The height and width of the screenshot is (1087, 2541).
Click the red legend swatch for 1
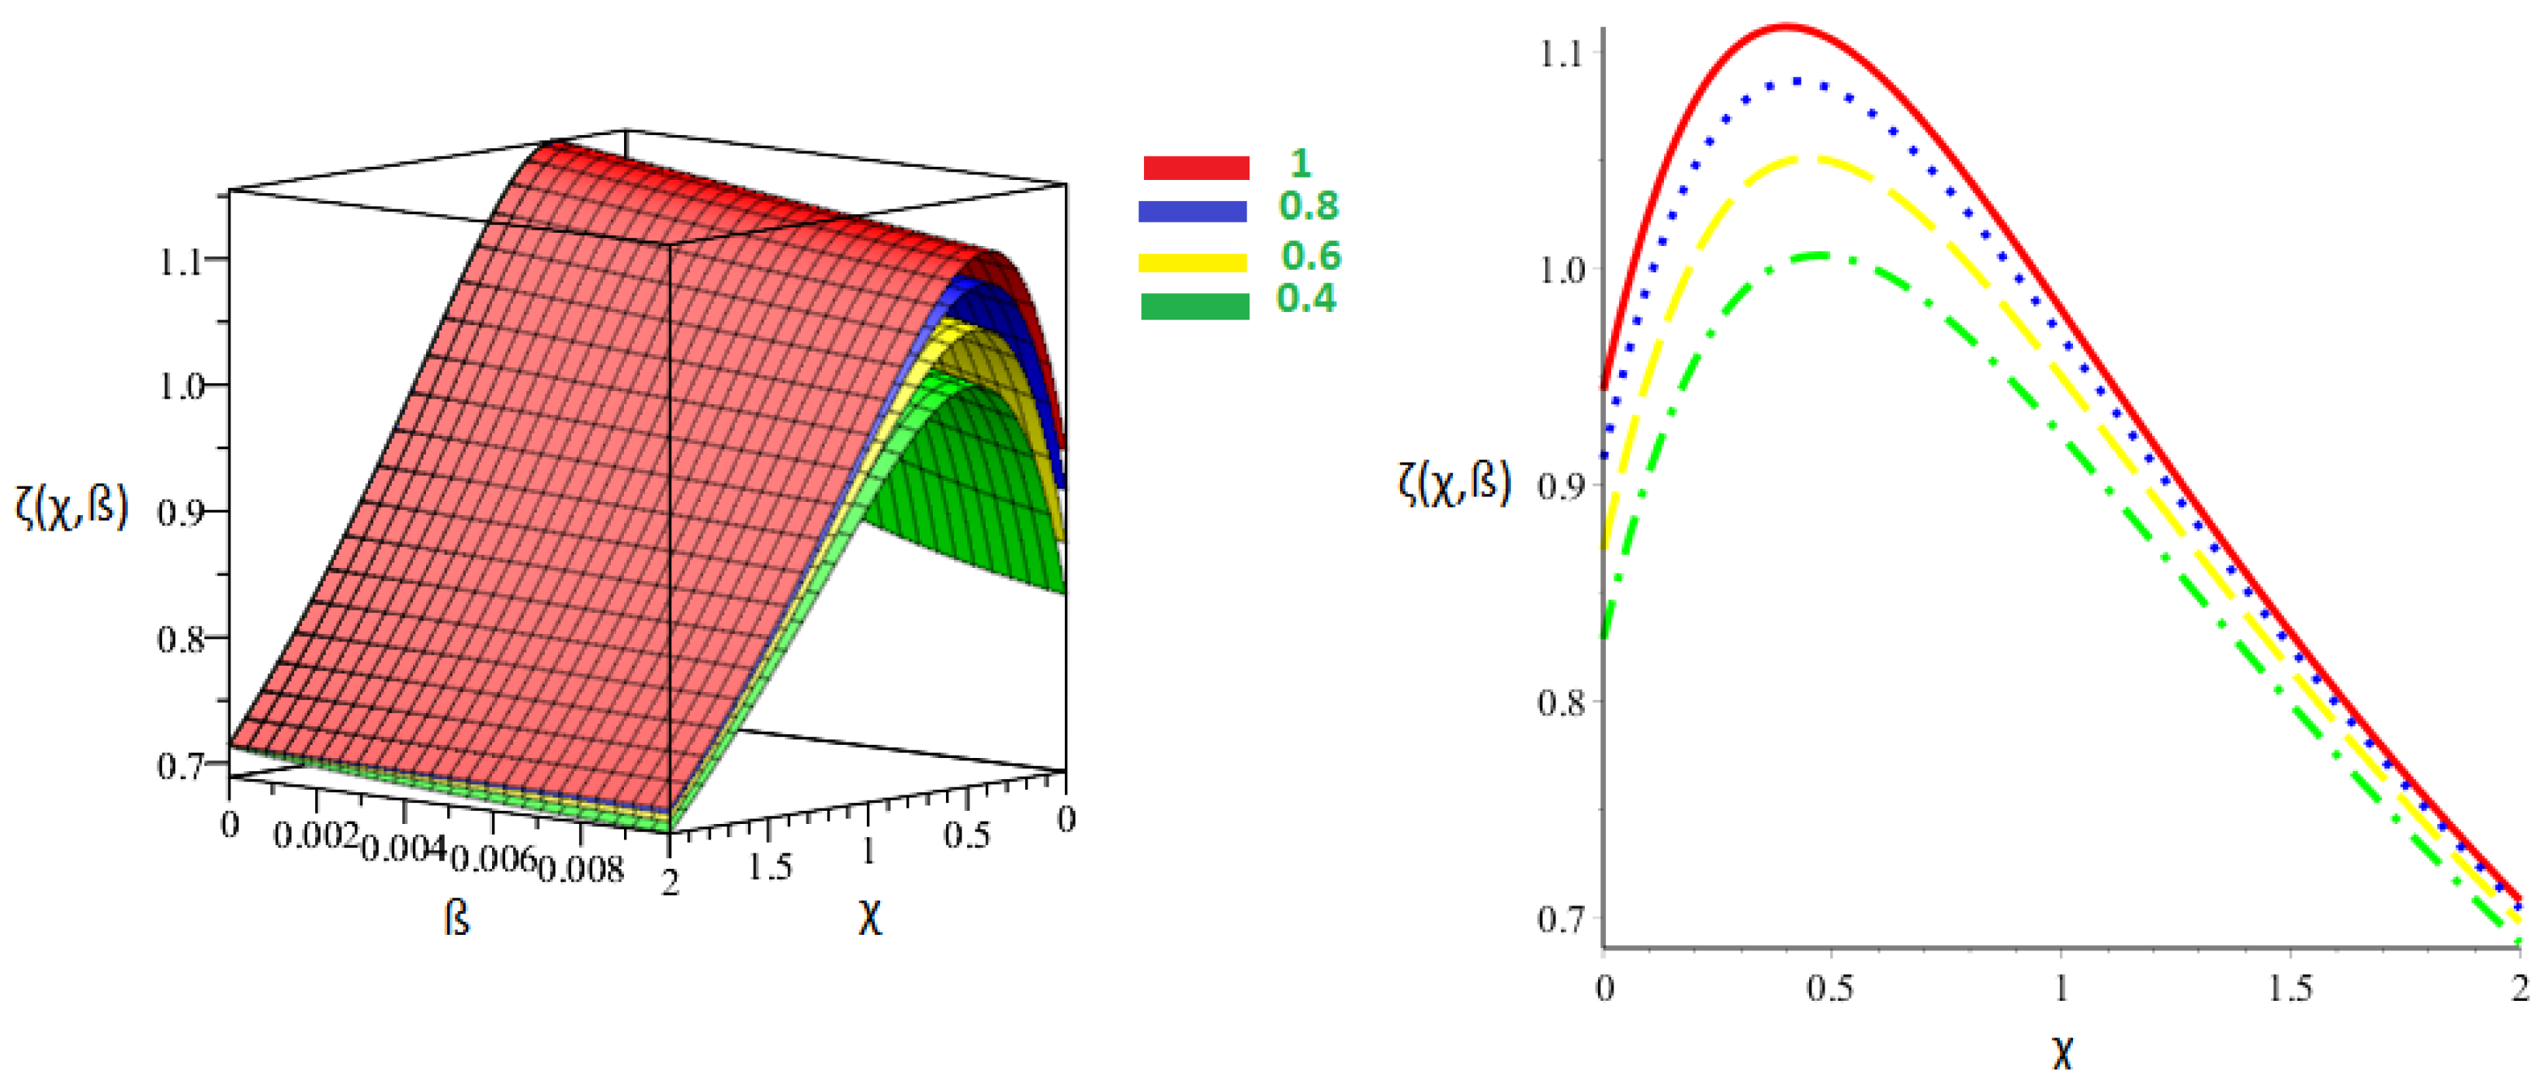(x=1195, y=168)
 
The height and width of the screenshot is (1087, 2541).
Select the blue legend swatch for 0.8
(x=1191, y=211)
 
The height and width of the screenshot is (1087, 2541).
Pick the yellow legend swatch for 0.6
(x=1191, y=261)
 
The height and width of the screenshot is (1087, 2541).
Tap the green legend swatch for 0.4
(x=1194, y=306)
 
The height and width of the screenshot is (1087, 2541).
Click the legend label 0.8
(x=1308, y=206)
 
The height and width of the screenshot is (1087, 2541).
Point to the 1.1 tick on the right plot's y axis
(x=1561, y=54)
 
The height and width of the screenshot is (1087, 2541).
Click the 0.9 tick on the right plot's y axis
(x=1561, y=486)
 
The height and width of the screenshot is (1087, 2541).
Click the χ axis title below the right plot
(x=2061, y=1054)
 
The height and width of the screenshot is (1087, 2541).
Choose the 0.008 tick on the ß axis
(x=581, y=869)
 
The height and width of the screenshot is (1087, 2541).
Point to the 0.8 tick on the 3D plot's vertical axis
(x=182, y=640)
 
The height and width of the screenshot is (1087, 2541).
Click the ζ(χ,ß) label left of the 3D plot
(x=72, y=508)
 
